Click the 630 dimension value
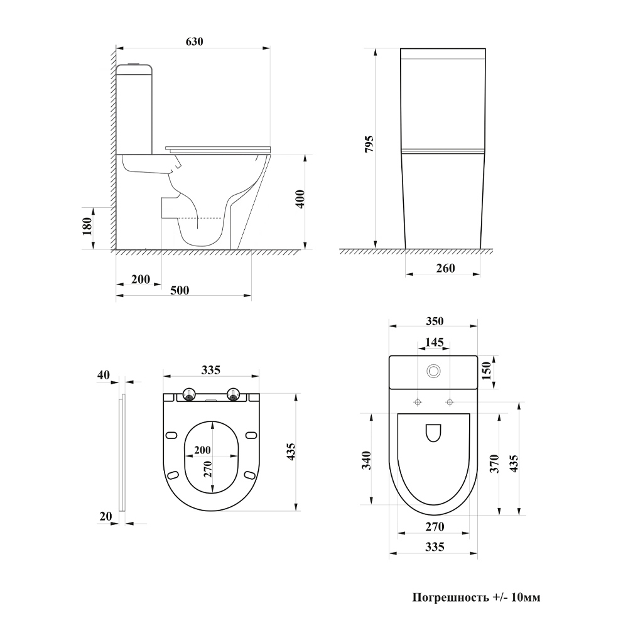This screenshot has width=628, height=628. coord(194,41)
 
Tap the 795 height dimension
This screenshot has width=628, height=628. coord(369,144)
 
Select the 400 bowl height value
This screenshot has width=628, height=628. coord(300,199)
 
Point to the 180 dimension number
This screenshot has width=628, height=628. coord(88,226)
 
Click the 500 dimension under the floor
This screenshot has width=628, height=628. coord(180,290)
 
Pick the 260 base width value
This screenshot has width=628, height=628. coord(445,268)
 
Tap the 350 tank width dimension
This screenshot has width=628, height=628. coord(435,321)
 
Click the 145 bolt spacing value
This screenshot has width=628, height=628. coord(434,342)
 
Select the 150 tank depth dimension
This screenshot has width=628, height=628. coord(486,371)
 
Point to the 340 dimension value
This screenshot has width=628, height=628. coord(366,460)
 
